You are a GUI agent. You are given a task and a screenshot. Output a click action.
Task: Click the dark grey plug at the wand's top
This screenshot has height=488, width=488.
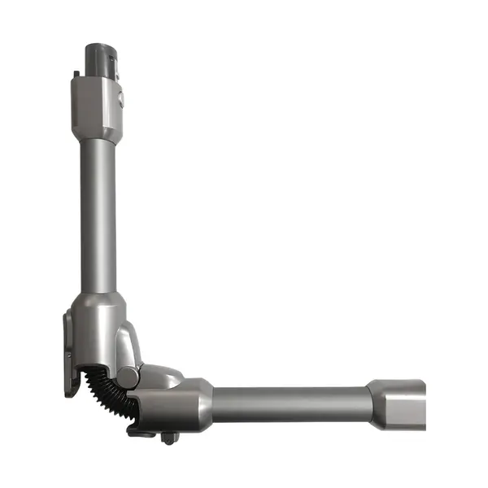tap(102, 58)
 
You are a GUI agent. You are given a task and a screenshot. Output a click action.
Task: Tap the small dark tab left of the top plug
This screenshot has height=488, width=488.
tap(76, 75)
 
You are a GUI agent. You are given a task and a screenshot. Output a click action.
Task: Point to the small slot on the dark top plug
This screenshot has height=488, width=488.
tap(113, 59)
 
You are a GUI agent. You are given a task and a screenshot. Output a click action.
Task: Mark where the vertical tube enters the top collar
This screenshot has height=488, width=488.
tap(98, 140)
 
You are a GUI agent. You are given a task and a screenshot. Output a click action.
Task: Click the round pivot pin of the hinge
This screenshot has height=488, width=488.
tap(129, 377)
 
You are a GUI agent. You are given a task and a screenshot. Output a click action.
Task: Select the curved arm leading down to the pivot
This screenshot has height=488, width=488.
tap(130, 346)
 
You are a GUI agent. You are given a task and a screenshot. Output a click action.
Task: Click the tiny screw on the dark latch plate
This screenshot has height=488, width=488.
tap(69, 355)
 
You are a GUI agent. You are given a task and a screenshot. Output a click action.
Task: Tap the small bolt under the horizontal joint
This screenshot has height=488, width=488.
tap(169, 438)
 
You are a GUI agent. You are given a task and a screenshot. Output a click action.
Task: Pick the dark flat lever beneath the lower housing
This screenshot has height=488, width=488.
tap(143, 432)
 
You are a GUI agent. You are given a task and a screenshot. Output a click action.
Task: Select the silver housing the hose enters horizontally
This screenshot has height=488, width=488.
tap(175, 407)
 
